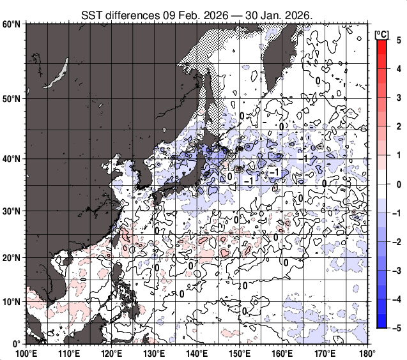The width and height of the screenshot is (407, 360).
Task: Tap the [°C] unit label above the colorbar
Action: coord(382,33)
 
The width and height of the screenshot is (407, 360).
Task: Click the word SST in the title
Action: coord(91,14)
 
